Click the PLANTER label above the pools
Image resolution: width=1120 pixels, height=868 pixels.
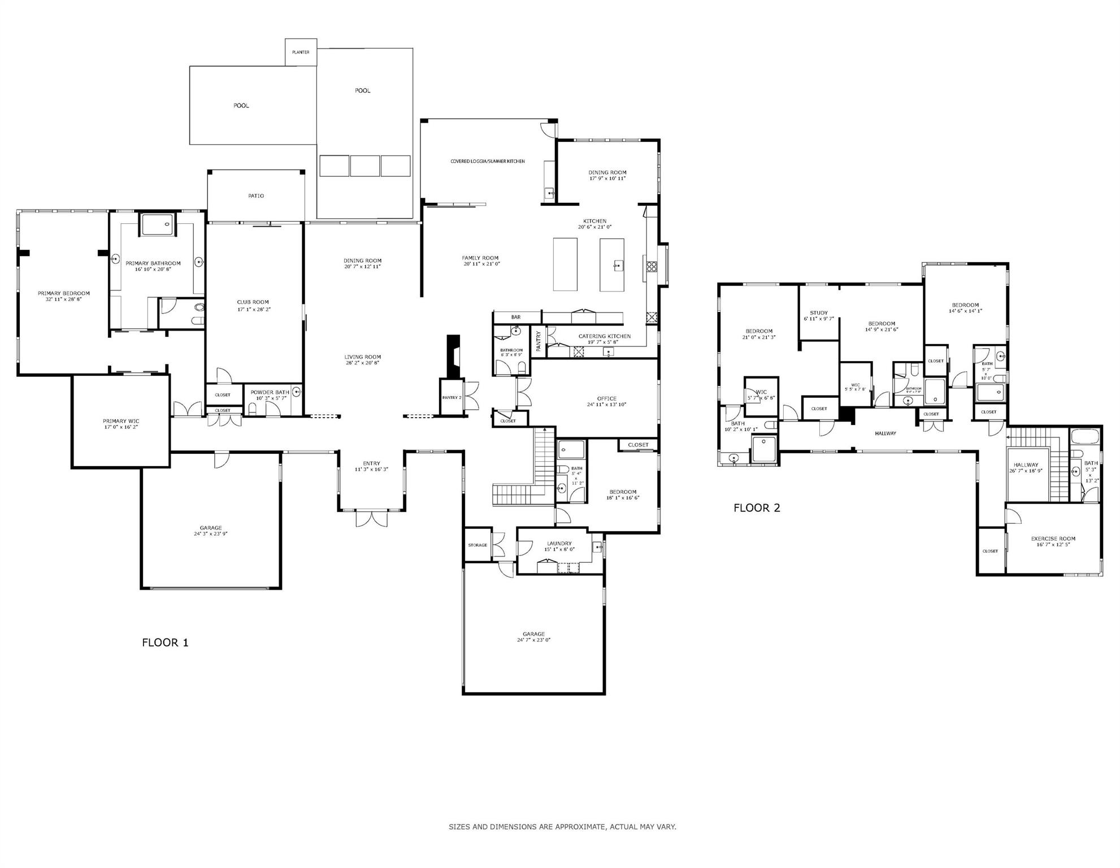tap(301, 52)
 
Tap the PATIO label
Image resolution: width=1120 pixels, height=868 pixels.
tap(256, 196)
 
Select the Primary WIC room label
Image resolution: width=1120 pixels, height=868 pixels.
tap(121, 421)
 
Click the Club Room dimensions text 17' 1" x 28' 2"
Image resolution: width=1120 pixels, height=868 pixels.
tap(253, 309)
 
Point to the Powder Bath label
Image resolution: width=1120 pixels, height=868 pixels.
tap(270, 392)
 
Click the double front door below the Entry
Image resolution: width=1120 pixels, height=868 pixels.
tap(371, 519)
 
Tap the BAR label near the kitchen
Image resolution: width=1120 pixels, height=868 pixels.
tap(516, 317)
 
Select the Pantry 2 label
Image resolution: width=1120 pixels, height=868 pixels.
tap(452, 398)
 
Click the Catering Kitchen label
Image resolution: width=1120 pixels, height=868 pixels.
tap(604, 336)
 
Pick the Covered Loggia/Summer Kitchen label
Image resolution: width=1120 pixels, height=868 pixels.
tap(487, 162)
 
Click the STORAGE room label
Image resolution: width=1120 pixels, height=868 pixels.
tap(477, 545)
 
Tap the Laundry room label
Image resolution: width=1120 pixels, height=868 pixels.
tap(559, 544)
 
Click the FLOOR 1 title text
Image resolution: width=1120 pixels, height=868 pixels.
tap(165, 643)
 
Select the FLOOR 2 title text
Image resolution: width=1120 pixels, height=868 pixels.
tap(757, 508)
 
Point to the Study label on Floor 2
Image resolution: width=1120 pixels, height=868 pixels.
tap(818, 313)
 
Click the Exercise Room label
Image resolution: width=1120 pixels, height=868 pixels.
tap(1053, 539)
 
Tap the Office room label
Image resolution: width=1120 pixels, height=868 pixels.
tap(607, 398)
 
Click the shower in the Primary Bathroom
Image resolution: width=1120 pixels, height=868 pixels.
tap(158, 224)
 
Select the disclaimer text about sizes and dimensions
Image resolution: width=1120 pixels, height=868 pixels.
tap(562, 827)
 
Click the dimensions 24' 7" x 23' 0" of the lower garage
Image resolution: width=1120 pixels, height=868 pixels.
tap(533, 640)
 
